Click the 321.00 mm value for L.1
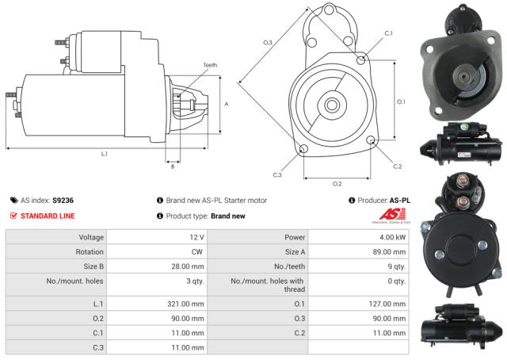pos(188,303)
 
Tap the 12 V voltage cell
pos(196,237)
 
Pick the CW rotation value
pos(196,252)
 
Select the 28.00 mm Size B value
pos(188,266)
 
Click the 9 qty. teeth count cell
pos(396,266)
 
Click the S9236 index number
pos(63,201)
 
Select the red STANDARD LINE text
pos(48,216)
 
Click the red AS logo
pos(394,214)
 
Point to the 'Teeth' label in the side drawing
pos(209,65)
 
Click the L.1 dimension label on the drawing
pos(104,154)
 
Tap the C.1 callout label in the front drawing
pos(388,33)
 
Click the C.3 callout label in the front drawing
pos(277,174)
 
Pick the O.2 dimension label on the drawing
pos(337,183)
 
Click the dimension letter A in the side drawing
pos(227,104)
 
